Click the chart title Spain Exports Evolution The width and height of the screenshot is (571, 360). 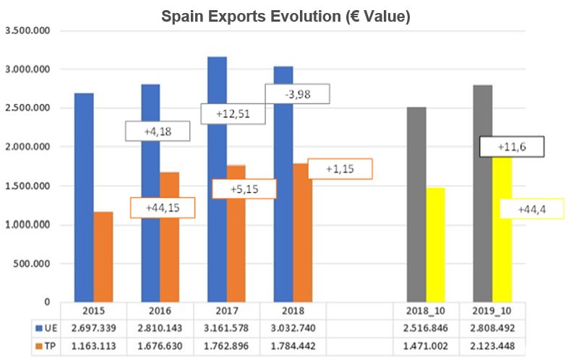tap(285, 16)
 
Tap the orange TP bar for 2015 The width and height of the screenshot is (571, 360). tap(103, 257)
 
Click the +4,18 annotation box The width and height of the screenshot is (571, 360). tap(157, 130)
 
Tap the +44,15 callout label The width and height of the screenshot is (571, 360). tap(162, 207)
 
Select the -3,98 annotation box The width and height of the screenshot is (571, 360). tap(297, 94)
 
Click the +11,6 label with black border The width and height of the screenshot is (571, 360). tap(512, 147)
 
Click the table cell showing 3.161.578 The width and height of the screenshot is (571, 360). tap(227, 327)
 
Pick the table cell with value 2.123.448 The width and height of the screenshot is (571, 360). tap(492, 345)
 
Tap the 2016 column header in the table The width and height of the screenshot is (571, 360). tap(160, 311)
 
